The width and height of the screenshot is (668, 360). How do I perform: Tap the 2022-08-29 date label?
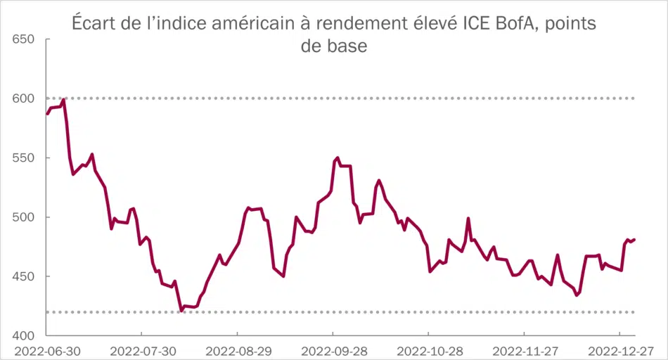tap(236, 350)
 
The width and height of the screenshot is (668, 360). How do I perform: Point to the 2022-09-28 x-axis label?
tap(332, 350)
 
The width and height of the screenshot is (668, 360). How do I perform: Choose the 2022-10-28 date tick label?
tap(428, 350)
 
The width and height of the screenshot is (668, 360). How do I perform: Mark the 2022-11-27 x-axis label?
tap(524, 350)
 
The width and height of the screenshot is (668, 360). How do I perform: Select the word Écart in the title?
tap(94, 24)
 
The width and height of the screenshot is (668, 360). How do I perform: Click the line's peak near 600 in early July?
tap(64, 100)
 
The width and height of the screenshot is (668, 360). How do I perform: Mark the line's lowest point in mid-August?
tap(181, 310)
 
